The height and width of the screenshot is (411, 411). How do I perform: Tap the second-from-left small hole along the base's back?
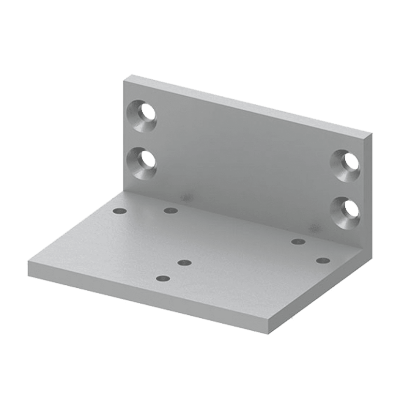[x=170, y=210]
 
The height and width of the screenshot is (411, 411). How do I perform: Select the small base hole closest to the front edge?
[x=164, y=279]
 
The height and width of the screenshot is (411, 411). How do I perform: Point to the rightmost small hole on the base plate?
[x=323, y=261]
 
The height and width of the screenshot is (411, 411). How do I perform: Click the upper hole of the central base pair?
[x=184, y=263]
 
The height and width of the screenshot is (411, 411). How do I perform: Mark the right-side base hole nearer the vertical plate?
[x=298, y=241]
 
